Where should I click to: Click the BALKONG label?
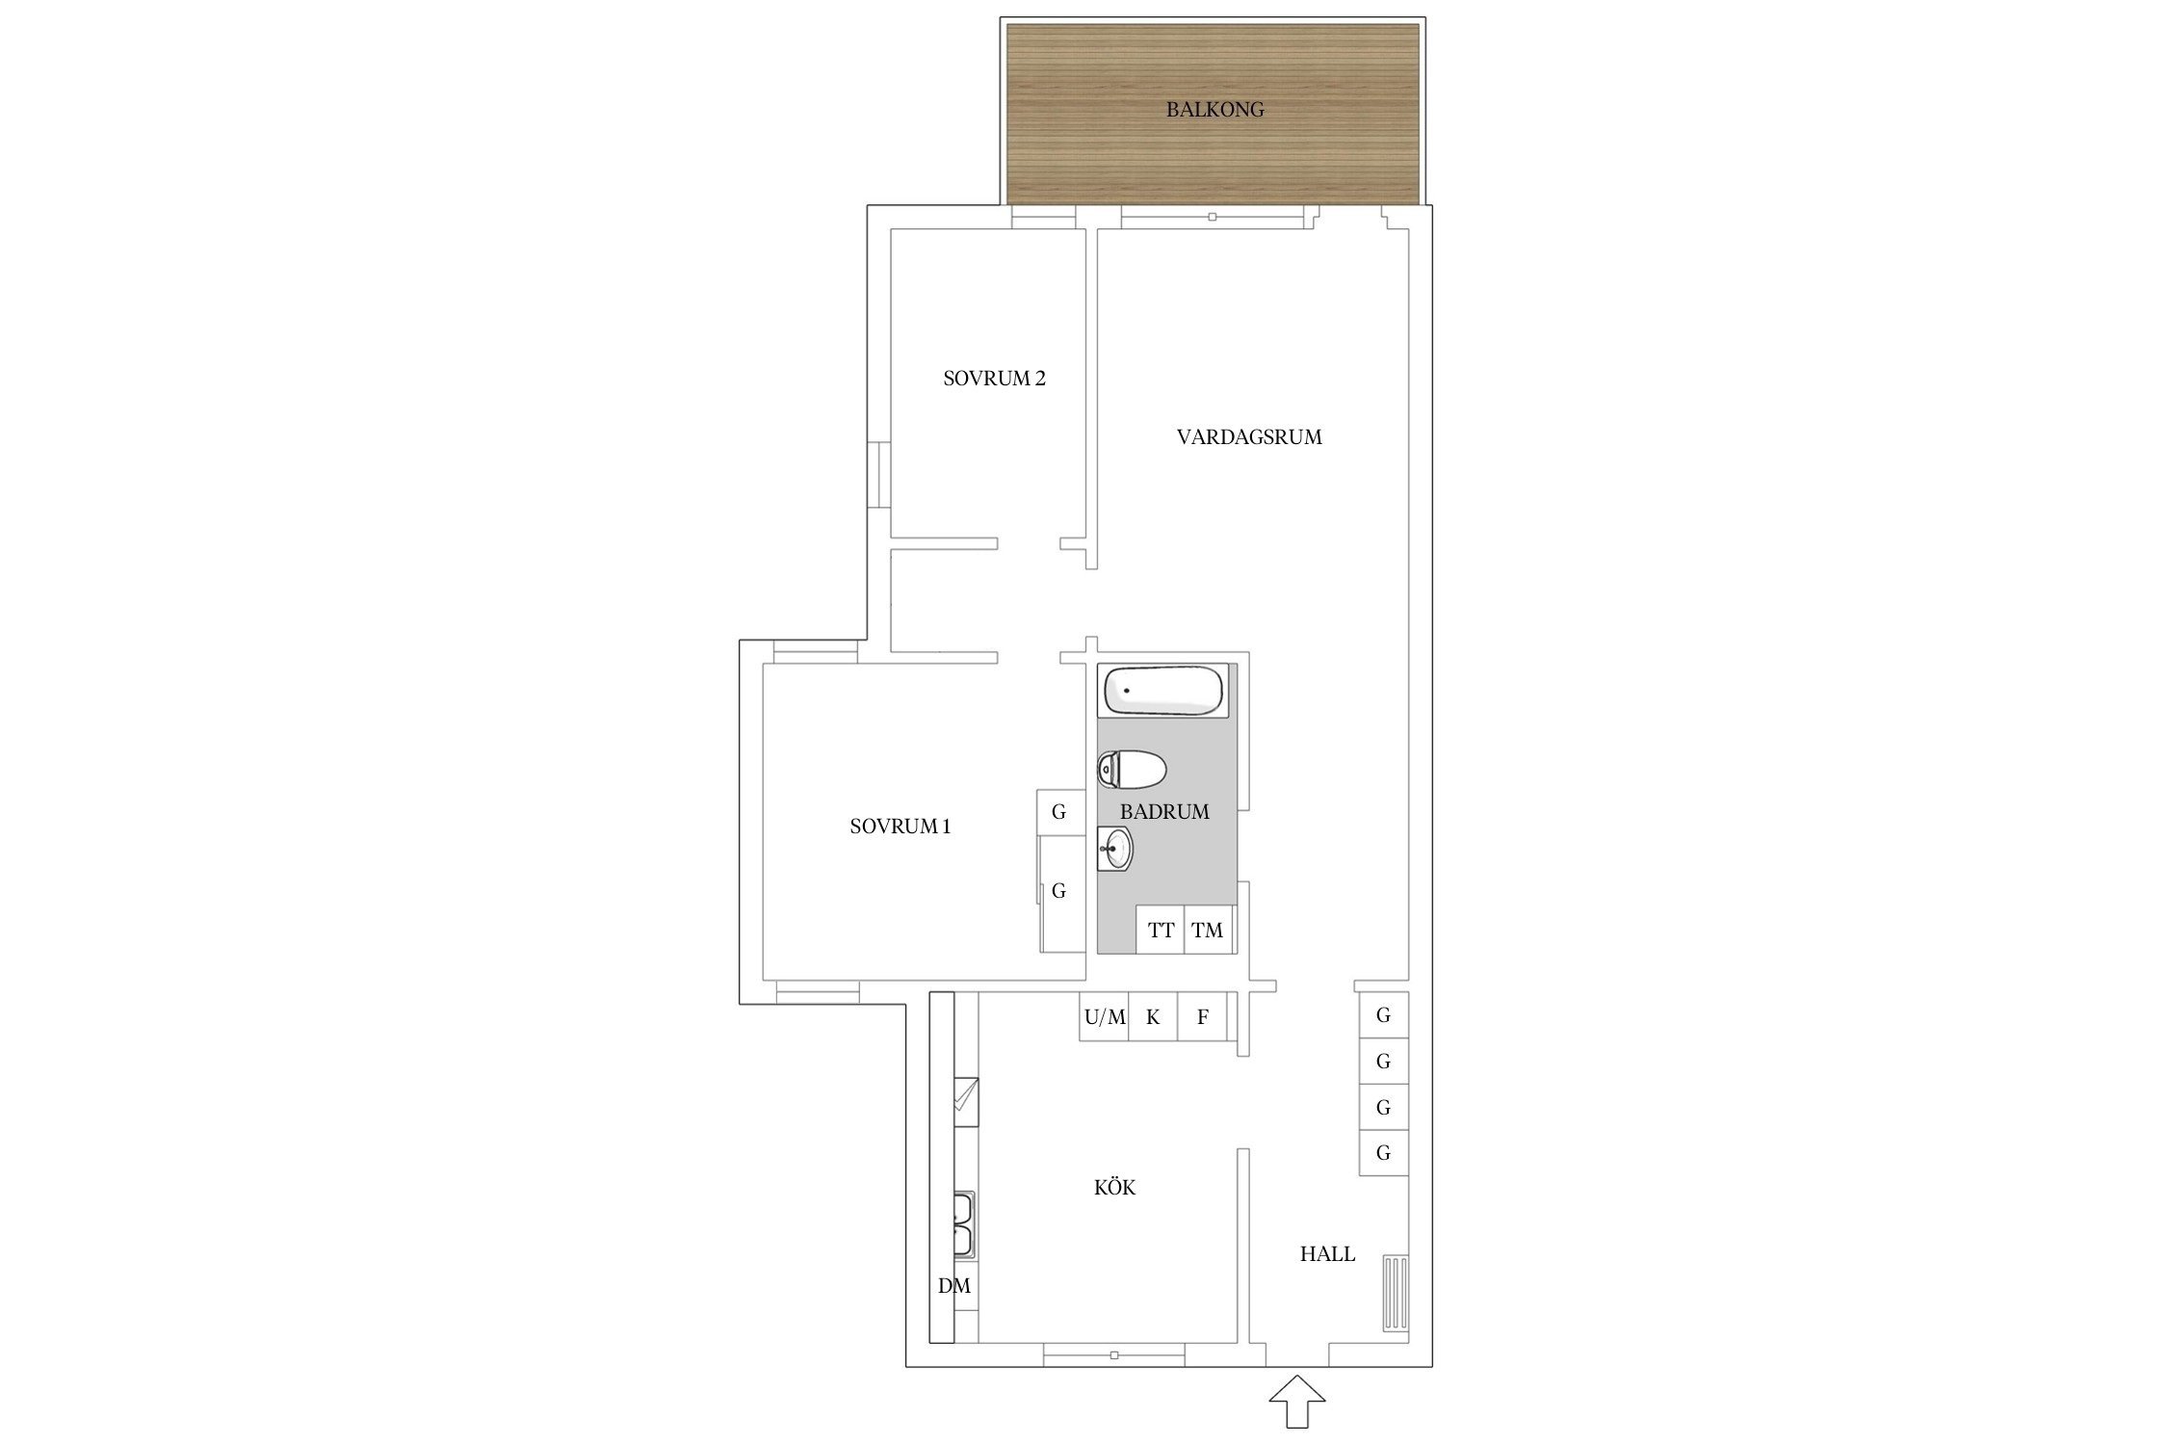(x=1214, y=110)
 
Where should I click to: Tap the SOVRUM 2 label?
(x=994, y=379)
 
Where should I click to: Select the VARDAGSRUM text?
(x=1249, y=437)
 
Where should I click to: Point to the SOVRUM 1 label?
(x=901, y=827)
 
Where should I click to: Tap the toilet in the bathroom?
(x=1132, y=770)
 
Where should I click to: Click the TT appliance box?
(x=1161, y=930)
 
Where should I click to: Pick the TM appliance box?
(x=1207, y=930)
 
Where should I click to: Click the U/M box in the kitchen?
(x=1105, y=1017)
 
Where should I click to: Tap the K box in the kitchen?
(x=1153, y=1017)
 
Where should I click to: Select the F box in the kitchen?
(x=1203, y=1017)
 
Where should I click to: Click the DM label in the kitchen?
(x=954, y=1286)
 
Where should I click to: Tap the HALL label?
(x=1327, y=1254)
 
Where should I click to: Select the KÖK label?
(x=1114, y=1188)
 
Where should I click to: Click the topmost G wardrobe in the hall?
(x=1384, y=1014)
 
